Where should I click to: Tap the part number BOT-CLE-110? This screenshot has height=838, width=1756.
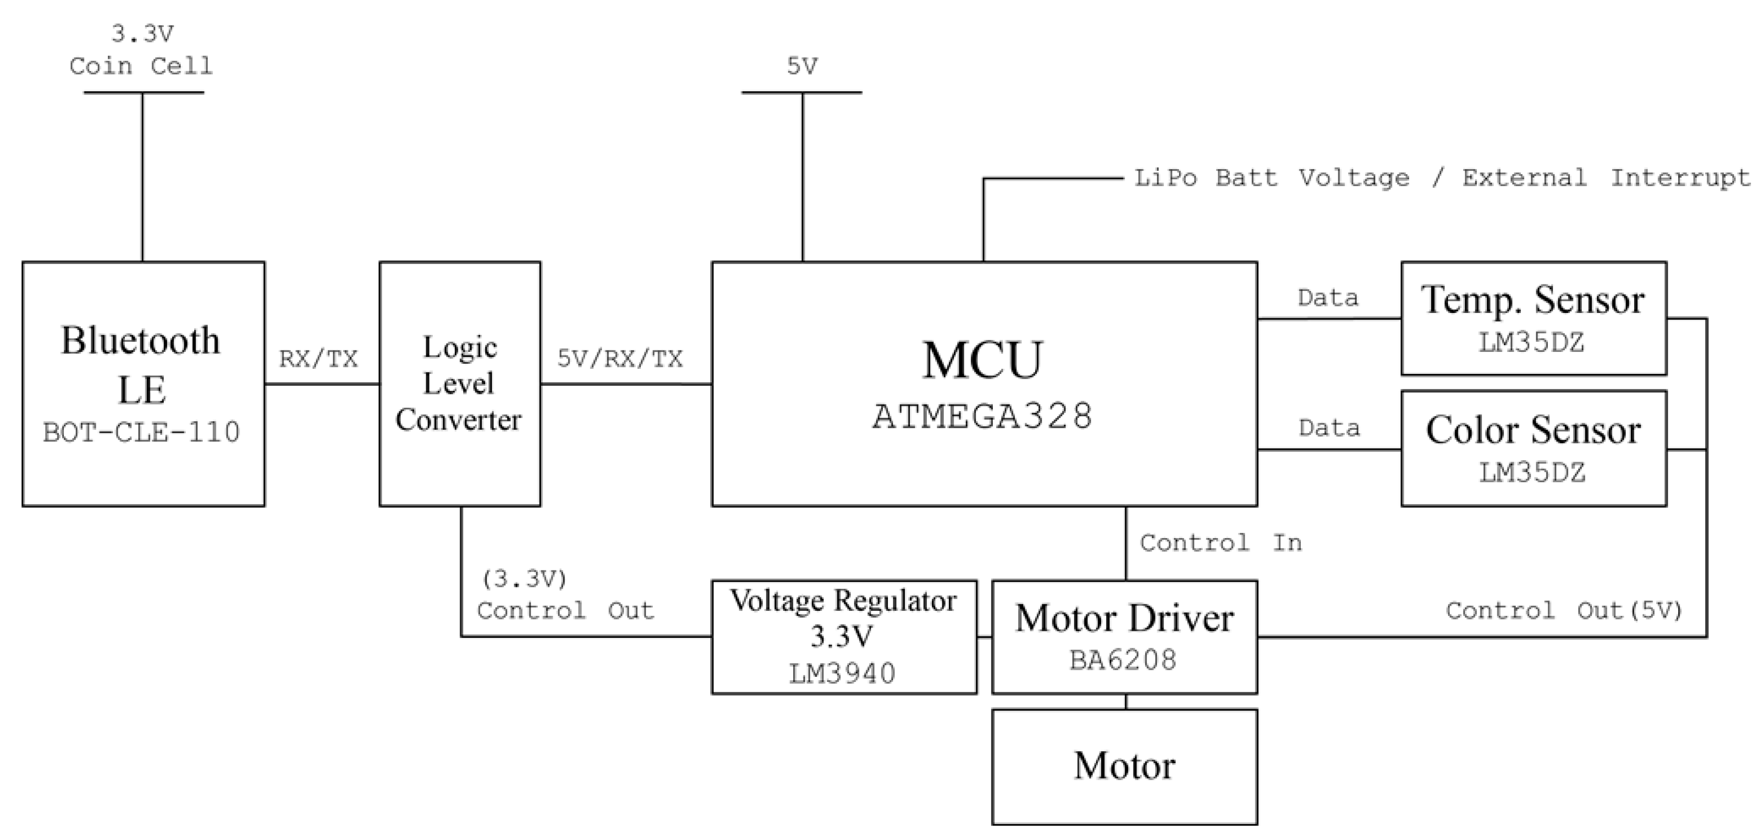[x=141, y=432]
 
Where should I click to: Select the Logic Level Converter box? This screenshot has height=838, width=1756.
[x=459, y=383]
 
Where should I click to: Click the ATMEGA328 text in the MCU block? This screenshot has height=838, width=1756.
[x=982, y=416]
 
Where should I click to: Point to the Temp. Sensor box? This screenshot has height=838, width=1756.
[x=1533, y=318]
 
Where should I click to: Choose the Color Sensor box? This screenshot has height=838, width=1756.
[x=1533, y=448]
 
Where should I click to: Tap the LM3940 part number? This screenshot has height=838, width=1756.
[x=842, y=674]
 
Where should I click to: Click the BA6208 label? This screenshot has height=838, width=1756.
[x=1123, y=660]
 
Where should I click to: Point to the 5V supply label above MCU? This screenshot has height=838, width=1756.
[x=802, y=66]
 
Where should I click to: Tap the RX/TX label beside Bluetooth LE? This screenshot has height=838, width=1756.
[x=318, y=359]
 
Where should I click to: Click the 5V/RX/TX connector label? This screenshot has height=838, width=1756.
[x=619, y=359]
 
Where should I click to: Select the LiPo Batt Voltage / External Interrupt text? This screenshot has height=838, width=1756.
[x=1441, y=178]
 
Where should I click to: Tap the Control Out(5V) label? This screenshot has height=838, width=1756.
[x=1564, y=610]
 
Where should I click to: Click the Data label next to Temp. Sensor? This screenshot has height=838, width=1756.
[x=1327, y=298]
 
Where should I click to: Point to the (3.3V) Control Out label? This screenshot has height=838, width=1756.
[x=565, y=595]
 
